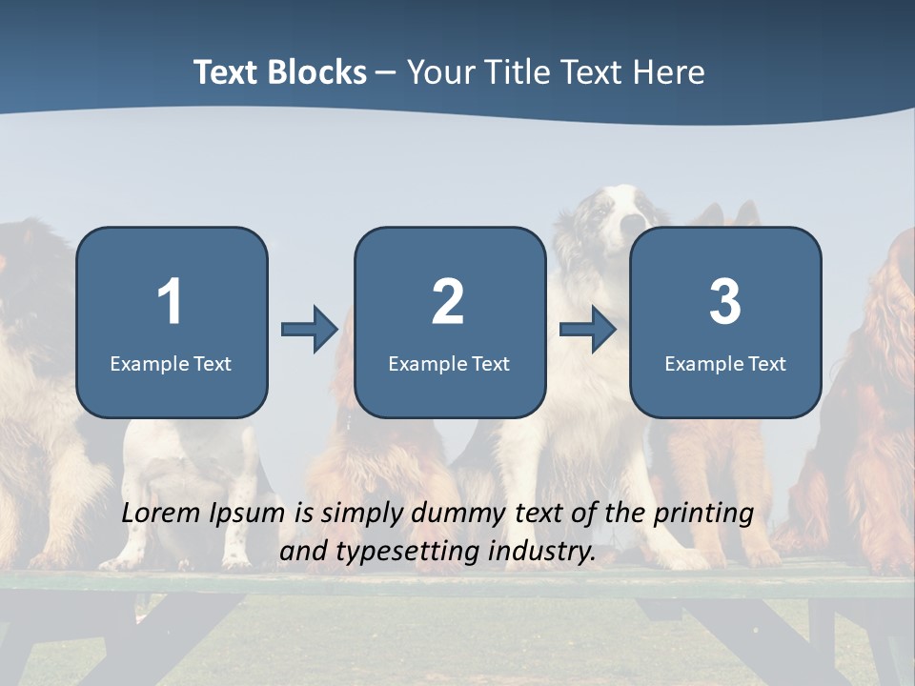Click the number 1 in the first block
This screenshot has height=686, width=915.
pos(171,302)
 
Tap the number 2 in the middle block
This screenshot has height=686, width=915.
pos(448,302)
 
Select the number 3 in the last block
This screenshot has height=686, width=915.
pos(725,302)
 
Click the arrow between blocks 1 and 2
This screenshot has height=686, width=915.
pos(310,330)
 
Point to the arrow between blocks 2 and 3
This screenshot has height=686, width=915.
pos(587,330)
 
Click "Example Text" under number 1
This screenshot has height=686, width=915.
pos(171,364)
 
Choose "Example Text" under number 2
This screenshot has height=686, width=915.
pos(449,364)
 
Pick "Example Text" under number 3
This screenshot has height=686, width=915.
pos(725,364)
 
